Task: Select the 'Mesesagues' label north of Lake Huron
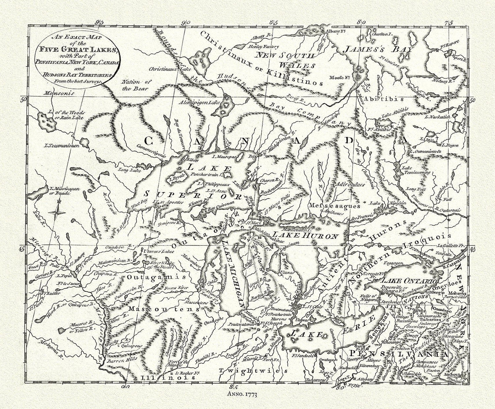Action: point(334,206)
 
